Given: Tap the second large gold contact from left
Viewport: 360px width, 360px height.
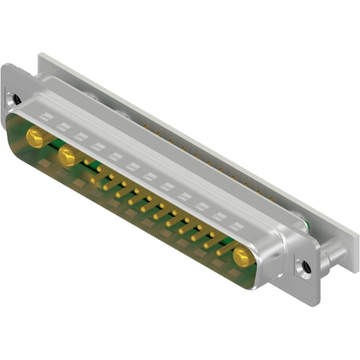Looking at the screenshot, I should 68,156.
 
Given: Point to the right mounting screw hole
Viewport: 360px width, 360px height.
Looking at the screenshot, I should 307,267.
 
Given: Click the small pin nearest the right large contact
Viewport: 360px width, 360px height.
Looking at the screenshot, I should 221,246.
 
